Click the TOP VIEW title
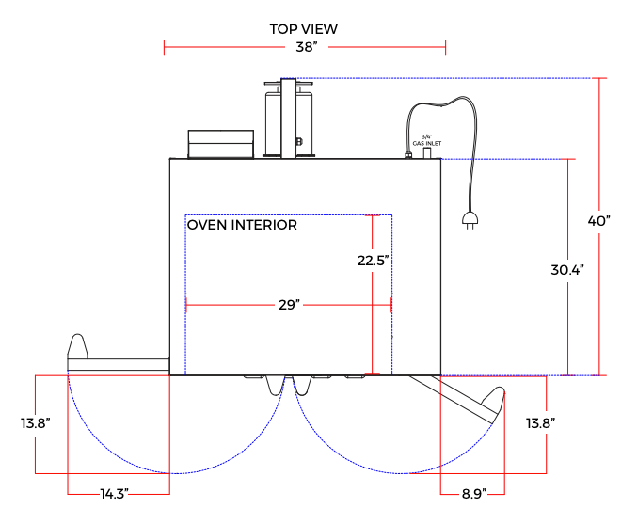tap(303, 28)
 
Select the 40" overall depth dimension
tap(599, 220)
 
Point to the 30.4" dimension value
tap(567, 269)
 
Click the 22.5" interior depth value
tap(373, 261)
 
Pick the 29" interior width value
tap(289, 305)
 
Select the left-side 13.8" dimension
tap(35, 423)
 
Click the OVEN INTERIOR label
tap(242, 225)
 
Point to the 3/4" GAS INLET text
tap(426, 139)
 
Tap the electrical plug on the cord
tap(468, 221)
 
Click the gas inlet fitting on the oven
tap(426, 151)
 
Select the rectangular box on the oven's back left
tap(221, 144)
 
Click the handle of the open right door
tap(496, 404)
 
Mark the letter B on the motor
tap(298, 142)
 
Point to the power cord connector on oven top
tap(408, 153)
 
